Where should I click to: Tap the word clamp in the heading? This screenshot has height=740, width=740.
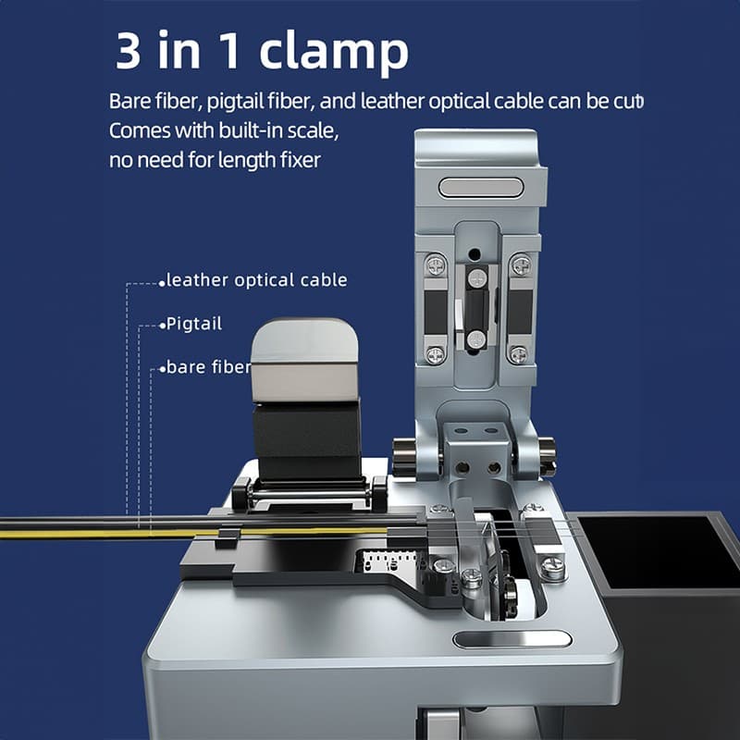[335, 53]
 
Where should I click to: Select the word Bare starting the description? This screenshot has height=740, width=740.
[129, 101]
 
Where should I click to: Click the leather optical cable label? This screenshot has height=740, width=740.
[256, 279]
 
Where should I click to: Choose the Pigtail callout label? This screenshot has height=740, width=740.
[194, 325]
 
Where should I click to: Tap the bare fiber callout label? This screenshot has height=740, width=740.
[208, 367]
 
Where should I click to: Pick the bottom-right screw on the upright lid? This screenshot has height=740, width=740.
[519, 353]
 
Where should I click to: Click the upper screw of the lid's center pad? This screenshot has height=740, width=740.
[476, 278]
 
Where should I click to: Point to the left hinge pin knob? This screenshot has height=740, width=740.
[403, 453]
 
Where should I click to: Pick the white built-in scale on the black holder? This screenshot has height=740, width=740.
[380, 561]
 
